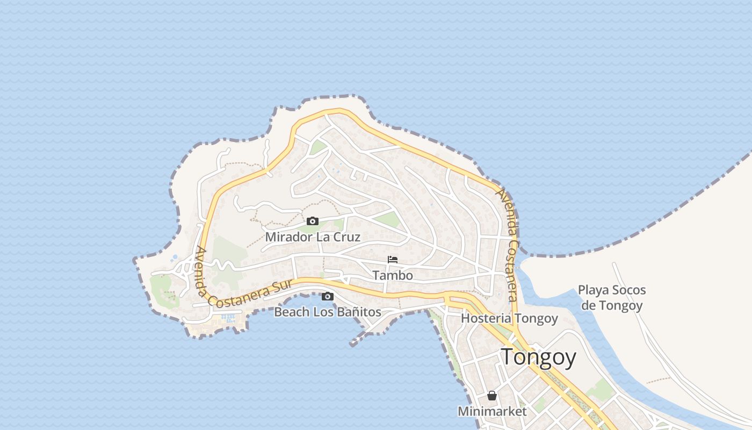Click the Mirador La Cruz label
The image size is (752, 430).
pos(313,236)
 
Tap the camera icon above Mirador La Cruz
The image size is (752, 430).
pos(313,221)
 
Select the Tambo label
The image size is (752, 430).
pos(393,276)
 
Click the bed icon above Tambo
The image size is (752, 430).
pos(393,260)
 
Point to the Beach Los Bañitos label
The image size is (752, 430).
pos(328,312)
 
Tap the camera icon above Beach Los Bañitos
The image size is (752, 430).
pos(327,296)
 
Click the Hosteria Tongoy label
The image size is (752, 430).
pos(509,318)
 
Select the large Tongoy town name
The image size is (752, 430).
pos(538,357)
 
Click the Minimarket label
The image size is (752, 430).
pos(492,411)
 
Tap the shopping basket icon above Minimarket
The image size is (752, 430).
pos(491,396)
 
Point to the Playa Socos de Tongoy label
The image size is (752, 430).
pos(612,298)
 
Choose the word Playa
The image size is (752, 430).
pos(593,291)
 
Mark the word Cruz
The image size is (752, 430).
pos(348,236)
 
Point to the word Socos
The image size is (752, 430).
pos(628,291)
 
